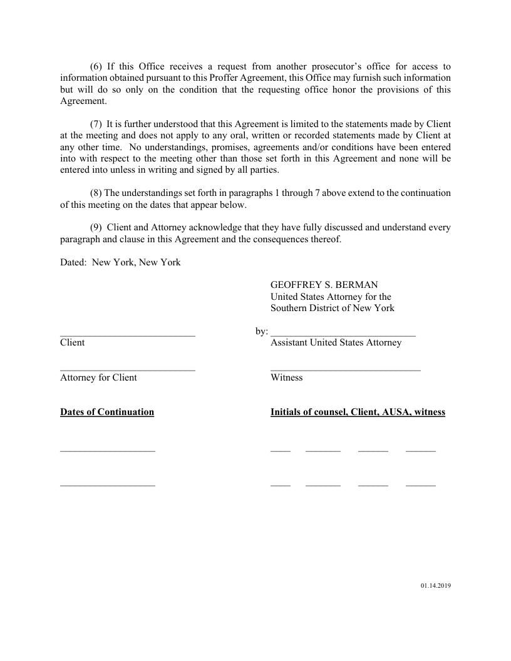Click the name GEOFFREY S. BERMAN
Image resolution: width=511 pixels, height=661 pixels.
coord(324,285)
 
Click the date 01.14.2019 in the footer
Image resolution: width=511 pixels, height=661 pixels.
coord(436,586)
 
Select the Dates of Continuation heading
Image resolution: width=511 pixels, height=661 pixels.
coord(107,412)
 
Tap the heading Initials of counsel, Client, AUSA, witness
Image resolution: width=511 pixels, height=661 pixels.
coord(358,412)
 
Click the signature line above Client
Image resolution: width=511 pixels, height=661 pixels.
coord(128,336)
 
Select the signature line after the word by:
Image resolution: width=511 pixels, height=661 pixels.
coord(343,336)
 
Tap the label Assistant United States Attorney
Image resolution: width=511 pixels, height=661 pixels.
coord(336,343)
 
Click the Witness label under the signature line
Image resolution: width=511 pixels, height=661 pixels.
coord(286,377)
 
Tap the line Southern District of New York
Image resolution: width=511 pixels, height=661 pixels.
coord(332,308)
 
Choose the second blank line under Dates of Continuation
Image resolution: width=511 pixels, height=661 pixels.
coord(108,485)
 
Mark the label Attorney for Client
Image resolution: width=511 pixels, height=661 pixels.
coord(98,377)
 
